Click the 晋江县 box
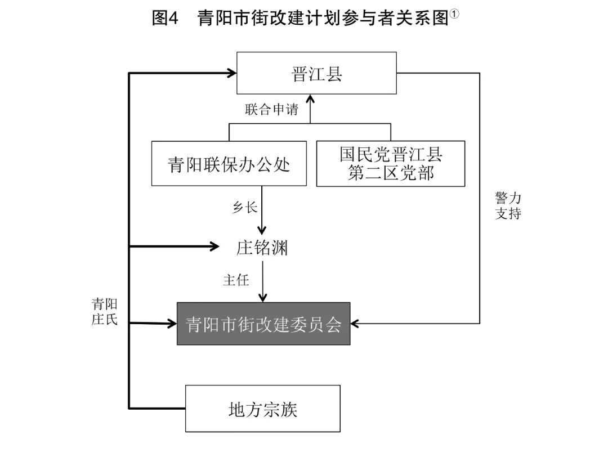pyautogui.click(x=316, y=73)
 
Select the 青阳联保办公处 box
pyautogui.click(x=229, y=164)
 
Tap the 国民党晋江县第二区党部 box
pyautogui.click(x=390, y=164)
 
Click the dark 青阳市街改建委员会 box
pyautogui.click(x=263, y=324)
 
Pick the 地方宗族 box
pyautogui.click(x=262, y=409)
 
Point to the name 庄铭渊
pyautogui.click(x=262, y=247)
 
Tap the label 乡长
pyautogui.click(x=245, y=207)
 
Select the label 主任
pyautogui.click(x=236, y=280)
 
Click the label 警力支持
pyautogui.click(x=508, y=205)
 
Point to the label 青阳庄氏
pyautogui.click(x=105, y=312)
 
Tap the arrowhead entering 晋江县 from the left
pyautogui.click(x=231, y=73)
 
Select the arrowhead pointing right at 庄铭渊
pyautogui.click(x=214, y=246)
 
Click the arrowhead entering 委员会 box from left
pyautogui.click(x=172, y=324)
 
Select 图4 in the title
pyautogui.click(x=165, y=19)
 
